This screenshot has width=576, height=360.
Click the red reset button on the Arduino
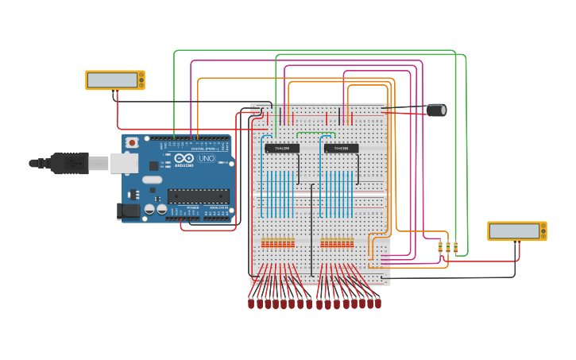click(131, 142)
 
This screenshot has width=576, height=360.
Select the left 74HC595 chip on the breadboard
click(282, 149)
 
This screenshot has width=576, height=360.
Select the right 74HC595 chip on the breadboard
click(341, 149)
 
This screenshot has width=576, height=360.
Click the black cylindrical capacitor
click(436, 110)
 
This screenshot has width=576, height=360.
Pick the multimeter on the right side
click(516, 231)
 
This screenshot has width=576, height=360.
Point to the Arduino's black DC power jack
click(127, 211)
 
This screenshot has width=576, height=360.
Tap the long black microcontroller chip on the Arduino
click(198, 196)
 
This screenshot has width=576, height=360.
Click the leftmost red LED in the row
click(251, 303)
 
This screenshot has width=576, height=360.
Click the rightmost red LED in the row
click(377, 303)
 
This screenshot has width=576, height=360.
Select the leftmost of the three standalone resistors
click(439, 248)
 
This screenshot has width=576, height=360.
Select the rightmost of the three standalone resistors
click(455, 248)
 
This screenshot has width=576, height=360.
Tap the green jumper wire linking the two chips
click(315, 133)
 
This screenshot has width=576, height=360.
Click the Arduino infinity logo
click(184, 159)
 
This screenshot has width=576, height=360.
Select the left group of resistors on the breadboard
click(278, 242)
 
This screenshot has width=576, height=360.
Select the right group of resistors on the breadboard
click(337, 242)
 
